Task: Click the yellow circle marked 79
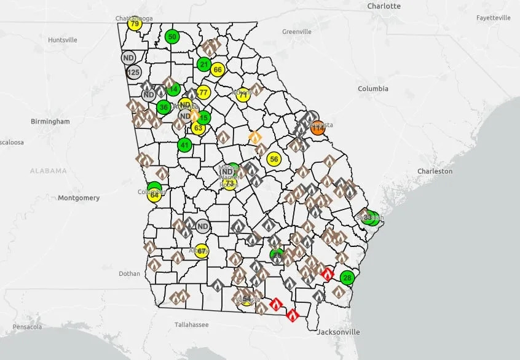(x=135, y=24)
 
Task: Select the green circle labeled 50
(x=172, y=37)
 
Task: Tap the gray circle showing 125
(x=133, y=72)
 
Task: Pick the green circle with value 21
(x=204, y=64)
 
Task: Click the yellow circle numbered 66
(x=217, y=69)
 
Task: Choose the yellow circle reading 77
(x=203, y=93)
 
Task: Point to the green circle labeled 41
(x=184, y=145)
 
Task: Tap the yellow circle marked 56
(x=274, y=159)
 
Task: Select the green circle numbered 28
(x=347, y=278)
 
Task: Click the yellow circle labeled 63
(x=198, y=128)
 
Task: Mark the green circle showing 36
(x=163, y=107)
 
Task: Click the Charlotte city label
(x=384, y=6)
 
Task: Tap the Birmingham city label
(x=50, y=122)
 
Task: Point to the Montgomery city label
(x=79, y=198)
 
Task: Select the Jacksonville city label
(x=338, y=332)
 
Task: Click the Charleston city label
(x=435, y=171)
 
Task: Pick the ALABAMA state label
(x=48, y=171)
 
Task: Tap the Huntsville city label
(x=63, y=40)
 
